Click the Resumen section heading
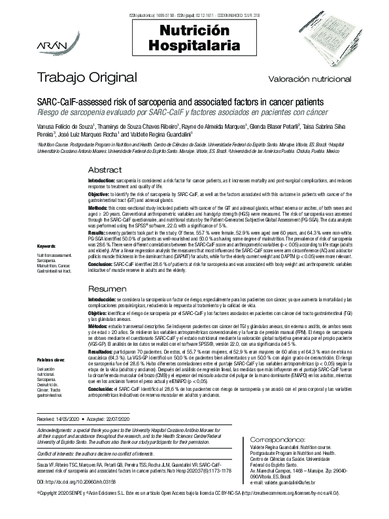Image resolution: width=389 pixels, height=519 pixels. point(107,288)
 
